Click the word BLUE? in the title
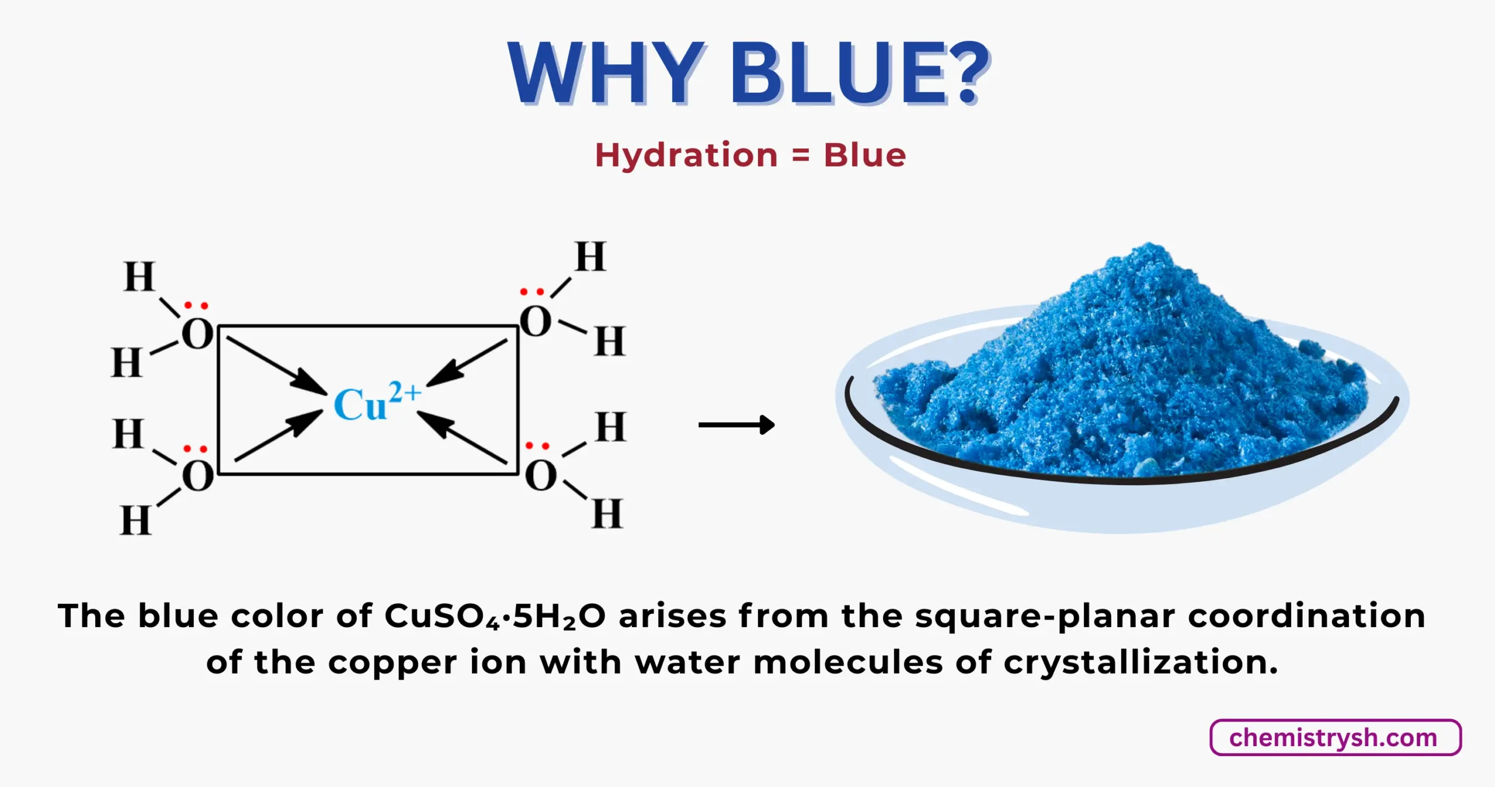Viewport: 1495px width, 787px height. (x=858, y=74)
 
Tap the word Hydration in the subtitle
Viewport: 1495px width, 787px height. (x=686, y=155)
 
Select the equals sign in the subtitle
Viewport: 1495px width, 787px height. (x=801, y=156)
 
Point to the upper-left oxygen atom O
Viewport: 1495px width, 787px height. (x=197, y=335)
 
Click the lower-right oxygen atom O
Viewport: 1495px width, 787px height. (x=540, y=476)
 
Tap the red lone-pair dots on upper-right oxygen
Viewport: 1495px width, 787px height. (x=532, y=291)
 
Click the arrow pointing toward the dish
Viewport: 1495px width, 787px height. (x=736, y=424)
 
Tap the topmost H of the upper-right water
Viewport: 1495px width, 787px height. (x=590, y=257)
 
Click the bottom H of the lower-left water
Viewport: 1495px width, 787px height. (x=135, y=521)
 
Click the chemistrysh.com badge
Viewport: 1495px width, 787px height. (x=1335, y=738)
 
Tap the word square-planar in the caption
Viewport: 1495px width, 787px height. (x=1045, y=617)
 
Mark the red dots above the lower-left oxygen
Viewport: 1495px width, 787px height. (x=196, y=449)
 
